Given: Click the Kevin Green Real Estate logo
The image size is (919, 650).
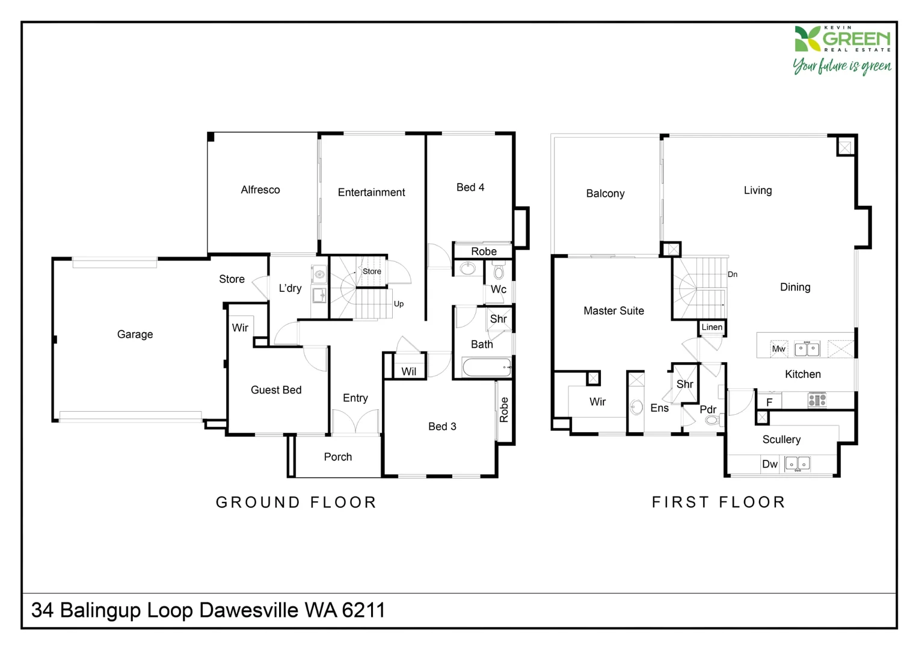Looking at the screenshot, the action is point(842,50).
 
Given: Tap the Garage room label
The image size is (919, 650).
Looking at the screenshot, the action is point(135,335).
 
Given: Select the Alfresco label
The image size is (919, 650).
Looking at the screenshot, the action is point(260,190).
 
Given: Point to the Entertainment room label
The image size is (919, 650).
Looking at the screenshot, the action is point(371,192).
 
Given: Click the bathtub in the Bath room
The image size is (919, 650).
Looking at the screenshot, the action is point(487,367).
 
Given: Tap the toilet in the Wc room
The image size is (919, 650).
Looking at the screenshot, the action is point(499,271).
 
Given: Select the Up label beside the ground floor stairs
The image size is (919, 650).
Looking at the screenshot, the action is point(399,304).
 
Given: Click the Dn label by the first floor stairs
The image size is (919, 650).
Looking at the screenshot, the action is point(733,274).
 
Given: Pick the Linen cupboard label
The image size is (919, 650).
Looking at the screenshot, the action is point(712,327).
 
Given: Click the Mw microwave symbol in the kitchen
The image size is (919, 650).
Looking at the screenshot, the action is point(779,349).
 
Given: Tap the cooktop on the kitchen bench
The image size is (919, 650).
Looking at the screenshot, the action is point(817,400).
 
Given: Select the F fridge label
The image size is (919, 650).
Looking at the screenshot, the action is point(769,402).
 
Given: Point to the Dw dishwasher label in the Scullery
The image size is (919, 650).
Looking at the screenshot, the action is point(770,464).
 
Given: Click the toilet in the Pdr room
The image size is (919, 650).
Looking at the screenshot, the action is point(713,420).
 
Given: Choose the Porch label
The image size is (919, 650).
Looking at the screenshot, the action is point(337,457).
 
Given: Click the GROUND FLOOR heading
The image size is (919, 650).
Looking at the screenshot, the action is point(296,502).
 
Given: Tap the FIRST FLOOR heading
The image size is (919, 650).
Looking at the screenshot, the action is point(719,502).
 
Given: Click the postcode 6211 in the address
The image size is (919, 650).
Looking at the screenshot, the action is point(363,610).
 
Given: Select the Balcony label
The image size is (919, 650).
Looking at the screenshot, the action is point(605,193).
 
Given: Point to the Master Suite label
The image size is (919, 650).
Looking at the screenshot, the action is point(613,311).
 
